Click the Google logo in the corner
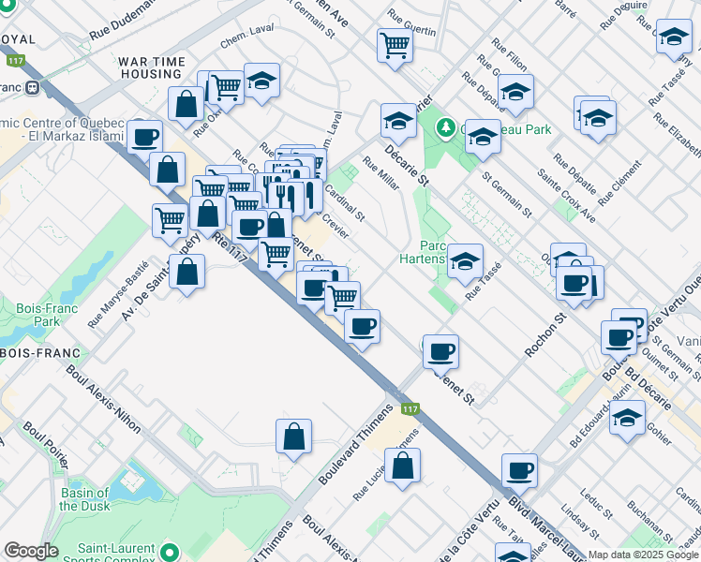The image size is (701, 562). pos(31,551)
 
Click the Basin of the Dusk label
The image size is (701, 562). pos(90,499)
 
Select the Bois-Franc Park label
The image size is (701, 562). pos(38,315)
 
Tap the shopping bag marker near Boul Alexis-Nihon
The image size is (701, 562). pos(293,436)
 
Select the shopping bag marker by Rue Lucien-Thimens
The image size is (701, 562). pos(402,466)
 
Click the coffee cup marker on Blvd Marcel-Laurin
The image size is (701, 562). pos(519,470)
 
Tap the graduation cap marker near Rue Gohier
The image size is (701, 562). pos(628,418)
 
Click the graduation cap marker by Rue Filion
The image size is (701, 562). pos(515,92)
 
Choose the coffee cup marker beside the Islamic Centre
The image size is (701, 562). pos(144,137)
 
